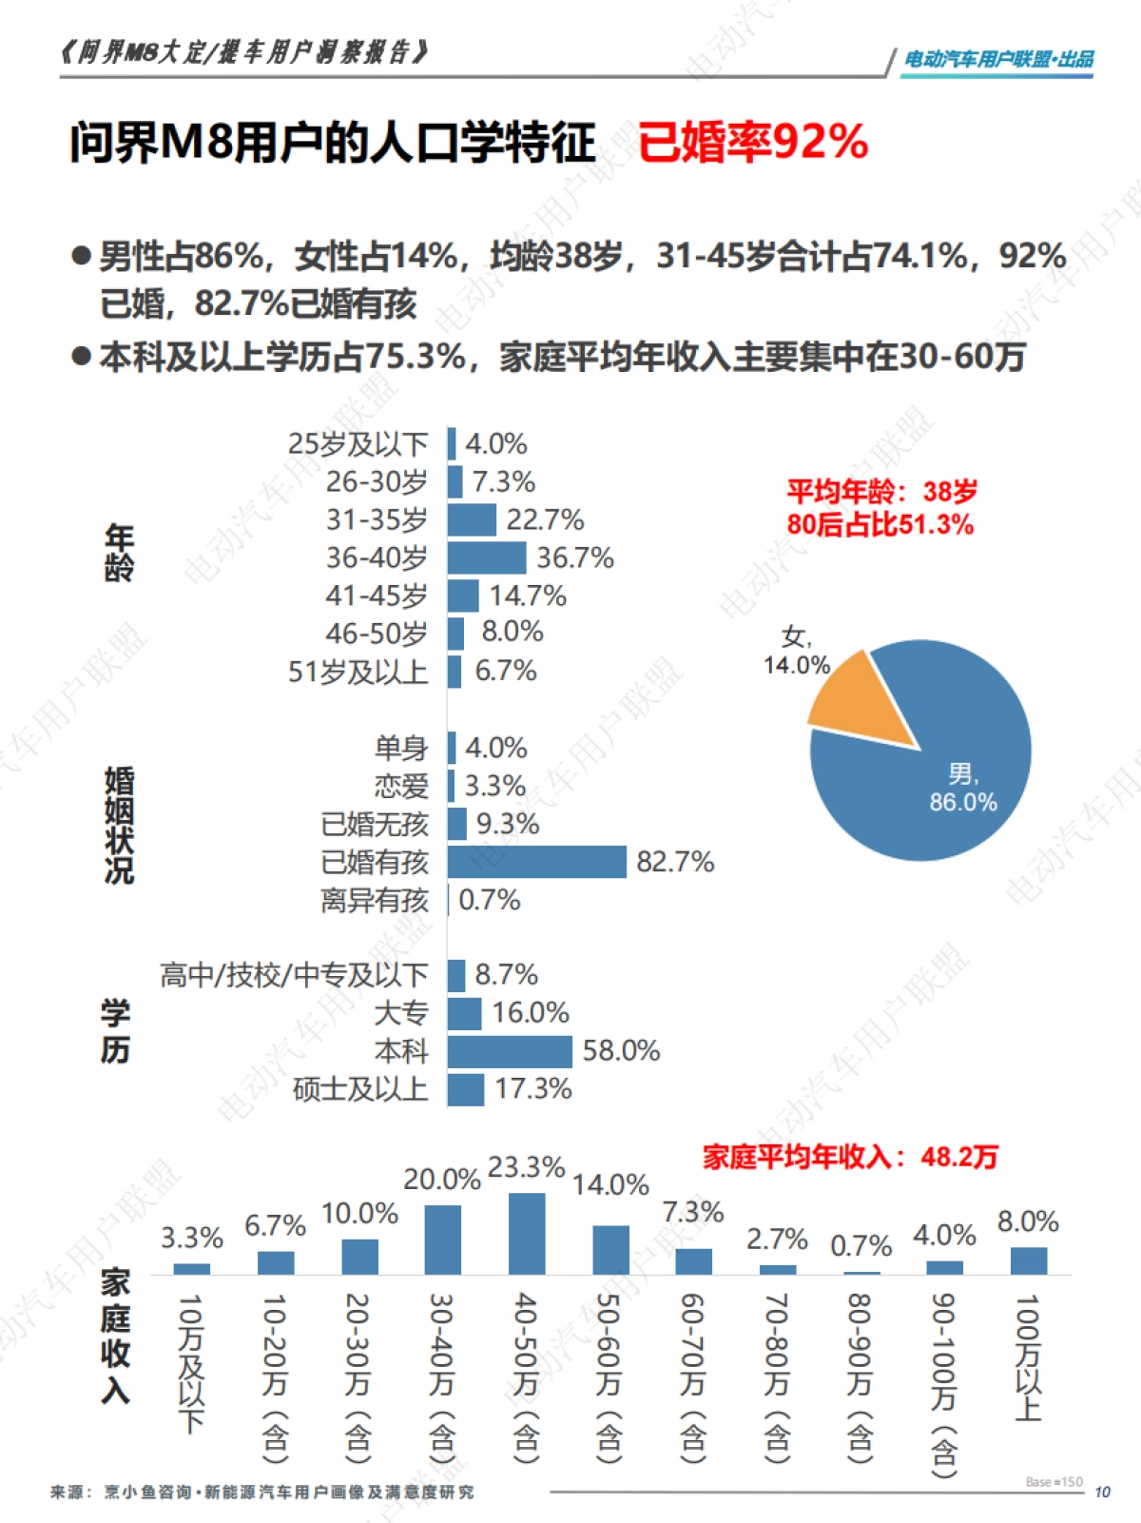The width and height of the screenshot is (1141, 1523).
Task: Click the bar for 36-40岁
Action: [486, 557]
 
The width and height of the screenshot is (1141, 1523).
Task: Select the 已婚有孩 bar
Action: [536, 862]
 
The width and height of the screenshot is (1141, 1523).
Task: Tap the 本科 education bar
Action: [509, 1051]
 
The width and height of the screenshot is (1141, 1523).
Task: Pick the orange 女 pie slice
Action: [857, 703]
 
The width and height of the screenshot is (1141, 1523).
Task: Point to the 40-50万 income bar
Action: [527, 1234]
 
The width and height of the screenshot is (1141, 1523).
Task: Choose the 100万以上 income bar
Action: [1028, 1260]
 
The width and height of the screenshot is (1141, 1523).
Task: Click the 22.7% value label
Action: [545, 520]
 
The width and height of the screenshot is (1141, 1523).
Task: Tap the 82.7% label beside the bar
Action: [675, 862]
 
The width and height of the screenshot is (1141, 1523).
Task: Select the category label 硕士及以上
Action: [360, 1089]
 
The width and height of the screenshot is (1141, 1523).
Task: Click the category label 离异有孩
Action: [375, 900]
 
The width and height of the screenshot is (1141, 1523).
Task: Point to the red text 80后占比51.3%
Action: [880, 525]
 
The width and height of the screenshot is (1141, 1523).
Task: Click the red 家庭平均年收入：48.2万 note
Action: [850, 1157]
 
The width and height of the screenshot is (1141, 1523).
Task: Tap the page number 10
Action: [1102, 1493]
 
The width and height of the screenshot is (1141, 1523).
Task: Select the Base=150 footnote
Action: [1054, 1482]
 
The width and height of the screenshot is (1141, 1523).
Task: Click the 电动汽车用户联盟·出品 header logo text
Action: [997, 59]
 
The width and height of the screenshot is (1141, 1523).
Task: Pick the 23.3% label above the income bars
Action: [526, 1167]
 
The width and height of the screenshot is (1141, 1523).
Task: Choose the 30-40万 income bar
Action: [443, 1240]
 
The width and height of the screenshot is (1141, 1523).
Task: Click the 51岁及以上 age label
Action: [358, 672]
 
